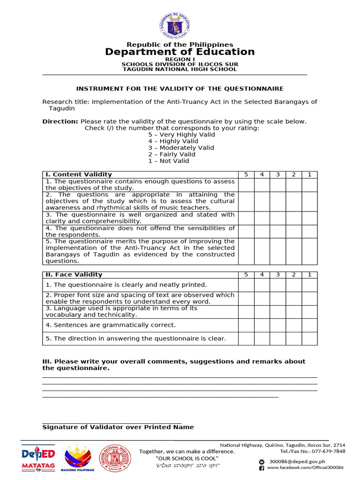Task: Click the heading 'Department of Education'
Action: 180,52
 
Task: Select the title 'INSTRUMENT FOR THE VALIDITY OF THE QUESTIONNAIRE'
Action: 180,89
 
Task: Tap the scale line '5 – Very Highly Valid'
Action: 181,135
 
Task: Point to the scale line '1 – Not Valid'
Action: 169,161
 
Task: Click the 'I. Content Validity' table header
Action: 79,174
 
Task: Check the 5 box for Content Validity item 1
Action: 246,185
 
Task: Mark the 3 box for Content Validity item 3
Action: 277,218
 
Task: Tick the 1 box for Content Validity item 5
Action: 309,251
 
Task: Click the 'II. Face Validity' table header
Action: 74,275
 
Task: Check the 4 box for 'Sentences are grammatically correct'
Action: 262,325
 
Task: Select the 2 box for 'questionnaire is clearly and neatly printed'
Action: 293,285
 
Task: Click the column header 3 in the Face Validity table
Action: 277,275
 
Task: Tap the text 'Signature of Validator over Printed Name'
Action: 118,427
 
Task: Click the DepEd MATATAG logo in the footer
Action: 38,458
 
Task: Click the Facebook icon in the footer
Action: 262,468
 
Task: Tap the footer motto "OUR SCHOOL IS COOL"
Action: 187,458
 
